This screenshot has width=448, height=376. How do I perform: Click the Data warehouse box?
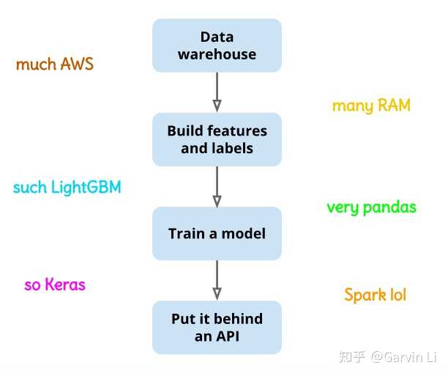pyautogui.click(x=217, y=45)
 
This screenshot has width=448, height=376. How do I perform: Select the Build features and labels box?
pyautogui.click(x=217, y=139)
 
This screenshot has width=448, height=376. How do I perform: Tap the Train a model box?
pyautogui.click(x=217, y=234)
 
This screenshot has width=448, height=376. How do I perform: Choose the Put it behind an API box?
pyautogui.click(x=217, y=328)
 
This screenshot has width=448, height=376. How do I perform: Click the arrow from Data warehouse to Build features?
pyautogui.click(x=217, y=92)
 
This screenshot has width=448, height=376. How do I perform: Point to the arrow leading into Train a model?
pyautogui.click(x=217, y=186)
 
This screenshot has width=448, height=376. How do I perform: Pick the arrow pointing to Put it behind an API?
pyautogui.click(x=217, y=280)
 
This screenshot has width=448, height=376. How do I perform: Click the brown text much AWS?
pyautogui.click(x=55, y=64)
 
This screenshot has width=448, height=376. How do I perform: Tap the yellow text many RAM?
pyautogui.click(x=371, y=106)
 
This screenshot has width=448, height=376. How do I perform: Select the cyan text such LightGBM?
pyautogui.click(x=67, y=188)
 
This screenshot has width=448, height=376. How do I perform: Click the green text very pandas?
pyautogui.click(x=371, y=207)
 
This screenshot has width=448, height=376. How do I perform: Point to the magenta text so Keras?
pyautogui.click(x=55, y=285)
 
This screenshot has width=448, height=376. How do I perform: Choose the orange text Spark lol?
pyautogui.click(x=375, y=295)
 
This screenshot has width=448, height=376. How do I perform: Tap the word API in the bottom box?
pyautogui.click(x=228, y=336)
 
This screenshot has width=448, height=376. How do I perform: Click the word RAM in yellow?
pyautogui.click(x=393, y=106)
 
